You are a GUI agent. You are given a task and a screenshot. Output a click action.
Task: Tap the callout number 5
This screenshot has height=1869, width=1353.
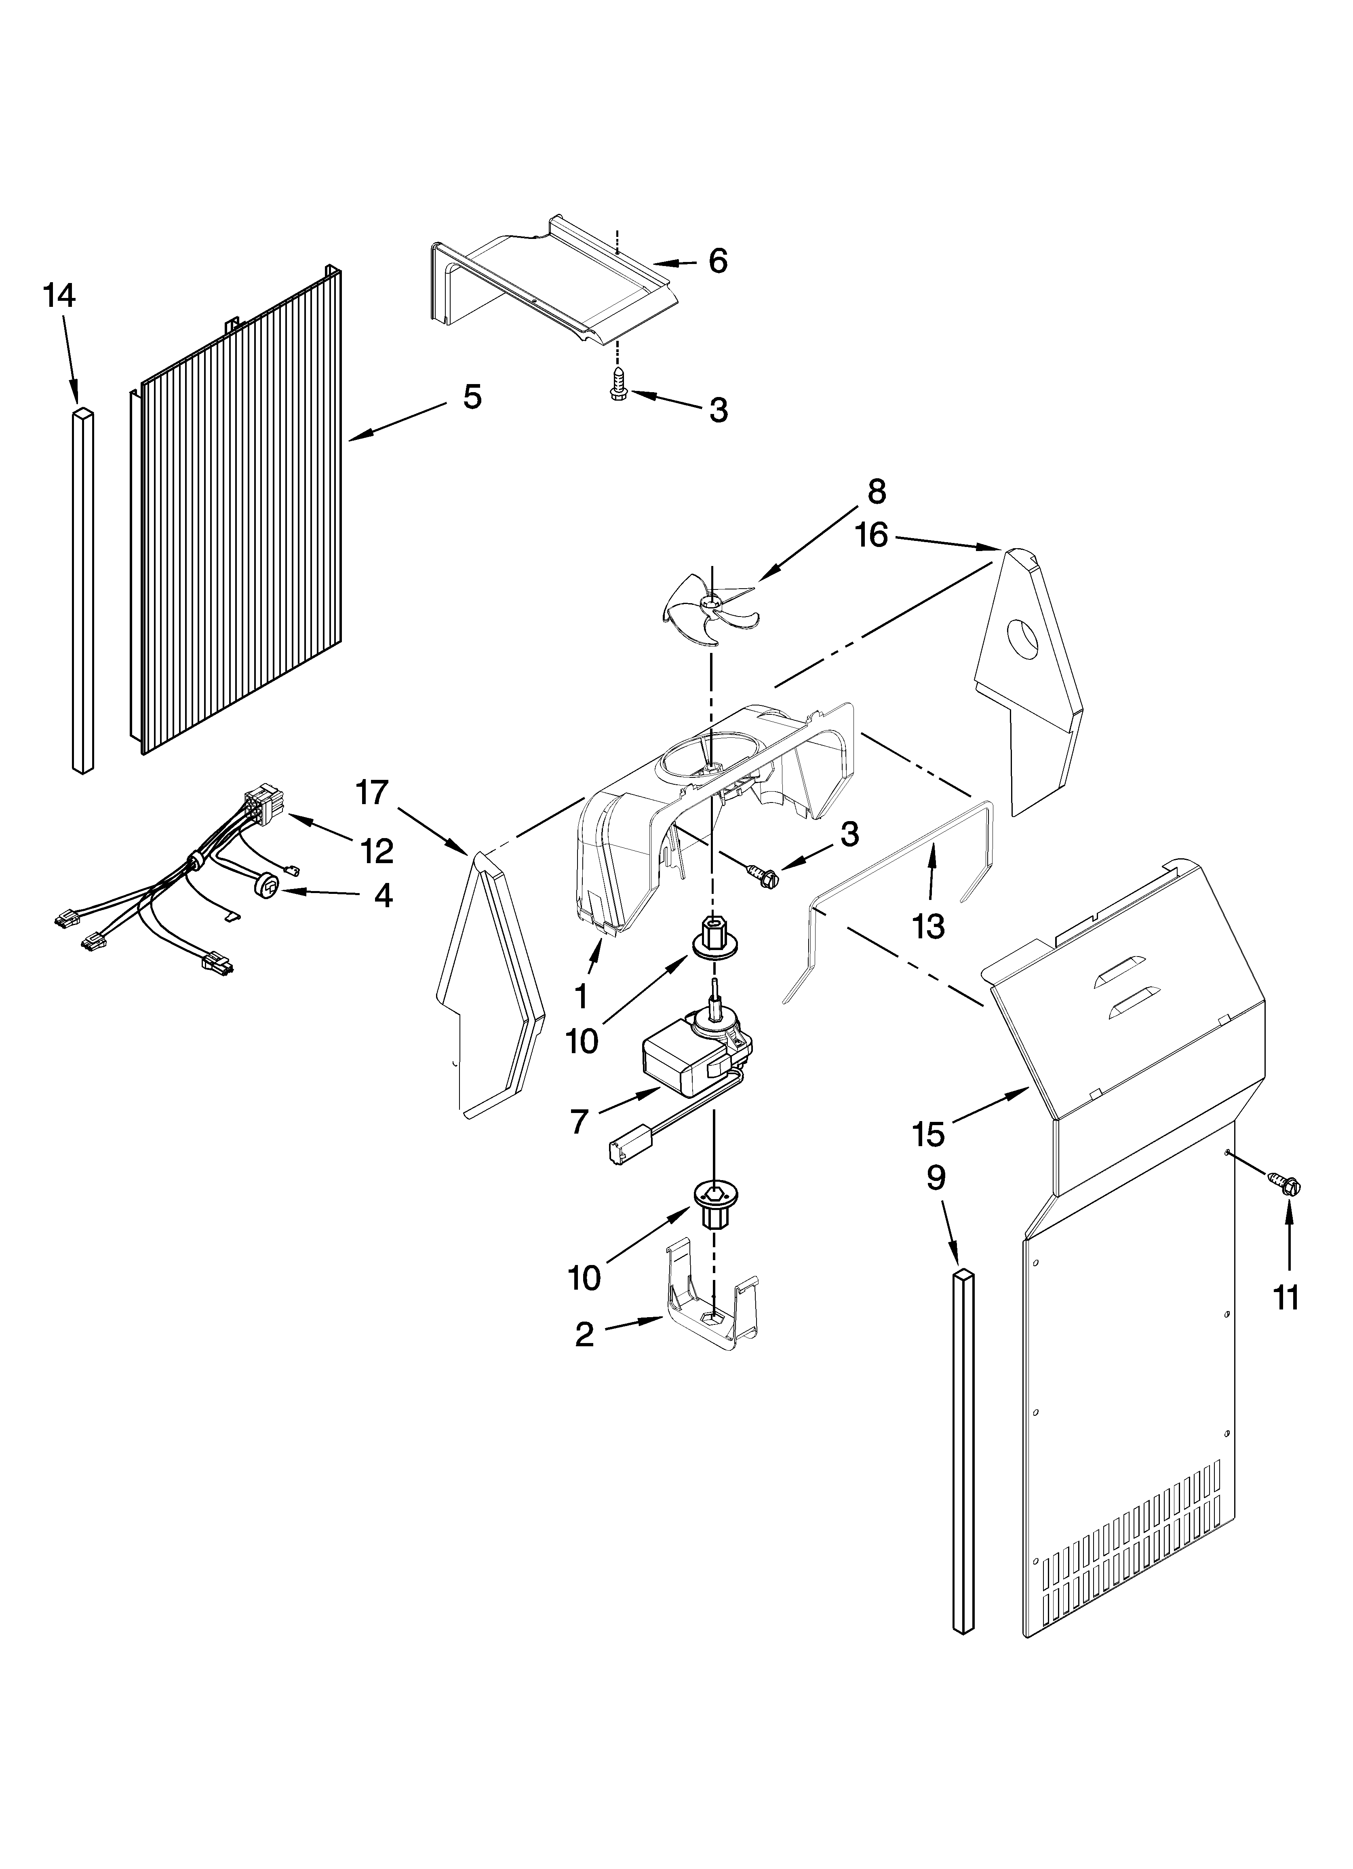tap(471, 397)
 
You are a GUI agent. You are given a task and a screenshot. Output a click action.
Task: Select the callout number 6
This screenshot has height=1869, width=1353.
tap(718, 262)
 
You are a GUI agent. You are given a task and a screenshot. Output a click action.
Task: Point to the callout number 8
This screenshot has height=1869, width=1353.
tap(876, 492)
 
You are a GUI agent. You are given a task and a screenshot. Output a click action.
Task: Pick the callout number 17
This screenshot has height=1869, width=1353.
tap(372, 793)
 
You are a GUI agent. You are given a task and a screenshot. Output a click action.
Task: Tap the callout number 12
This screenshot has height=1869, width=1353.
tap(377, 851)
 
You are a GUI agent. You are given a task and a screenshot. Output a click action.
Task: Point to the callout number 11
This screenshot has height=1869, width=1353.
tap(1286, 1298)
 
